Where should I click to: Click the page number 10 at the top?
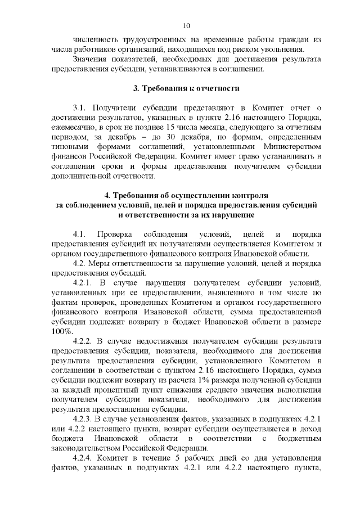187,25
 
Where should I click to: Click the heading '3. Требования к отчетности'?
186,88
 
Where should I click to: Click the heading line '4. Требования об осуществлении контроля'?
186,195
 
